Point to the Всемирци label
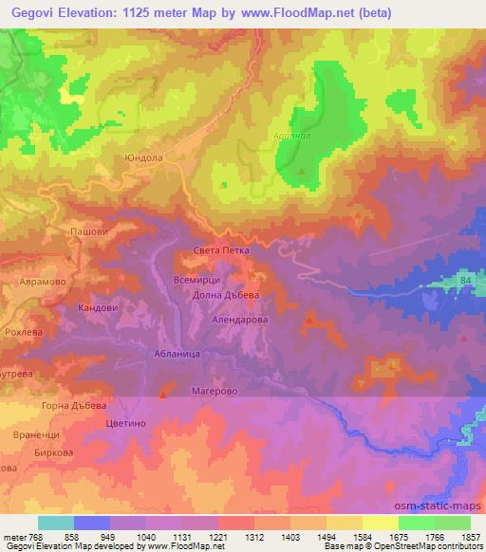tap(198, 280)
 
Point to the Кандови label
tap(97, 308)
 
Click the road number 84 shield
tap(464, 282)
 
